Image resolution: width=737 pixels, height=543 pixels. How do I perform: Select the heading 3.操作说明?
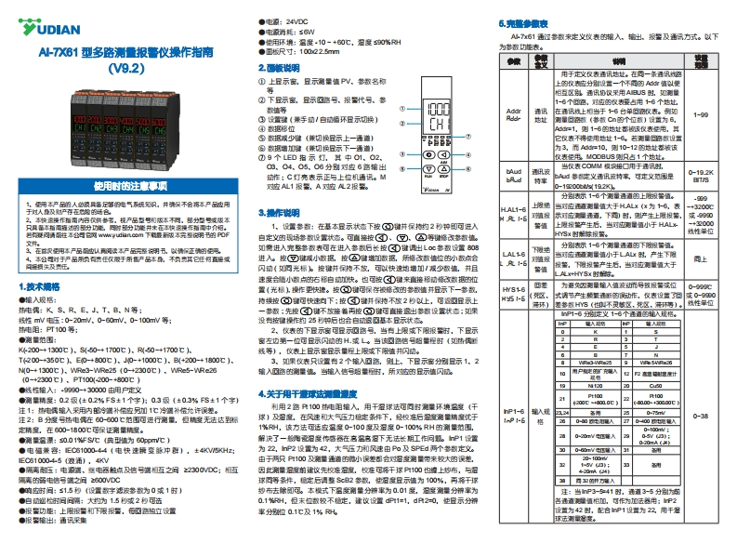click(x=278, y=213)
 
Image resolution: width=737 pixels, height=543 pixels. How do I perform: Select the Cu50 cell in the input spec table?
click(x=654, y=384)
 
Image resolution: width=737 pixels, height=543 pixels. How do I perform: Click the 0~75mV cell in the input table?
click(x=654, y=412)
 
